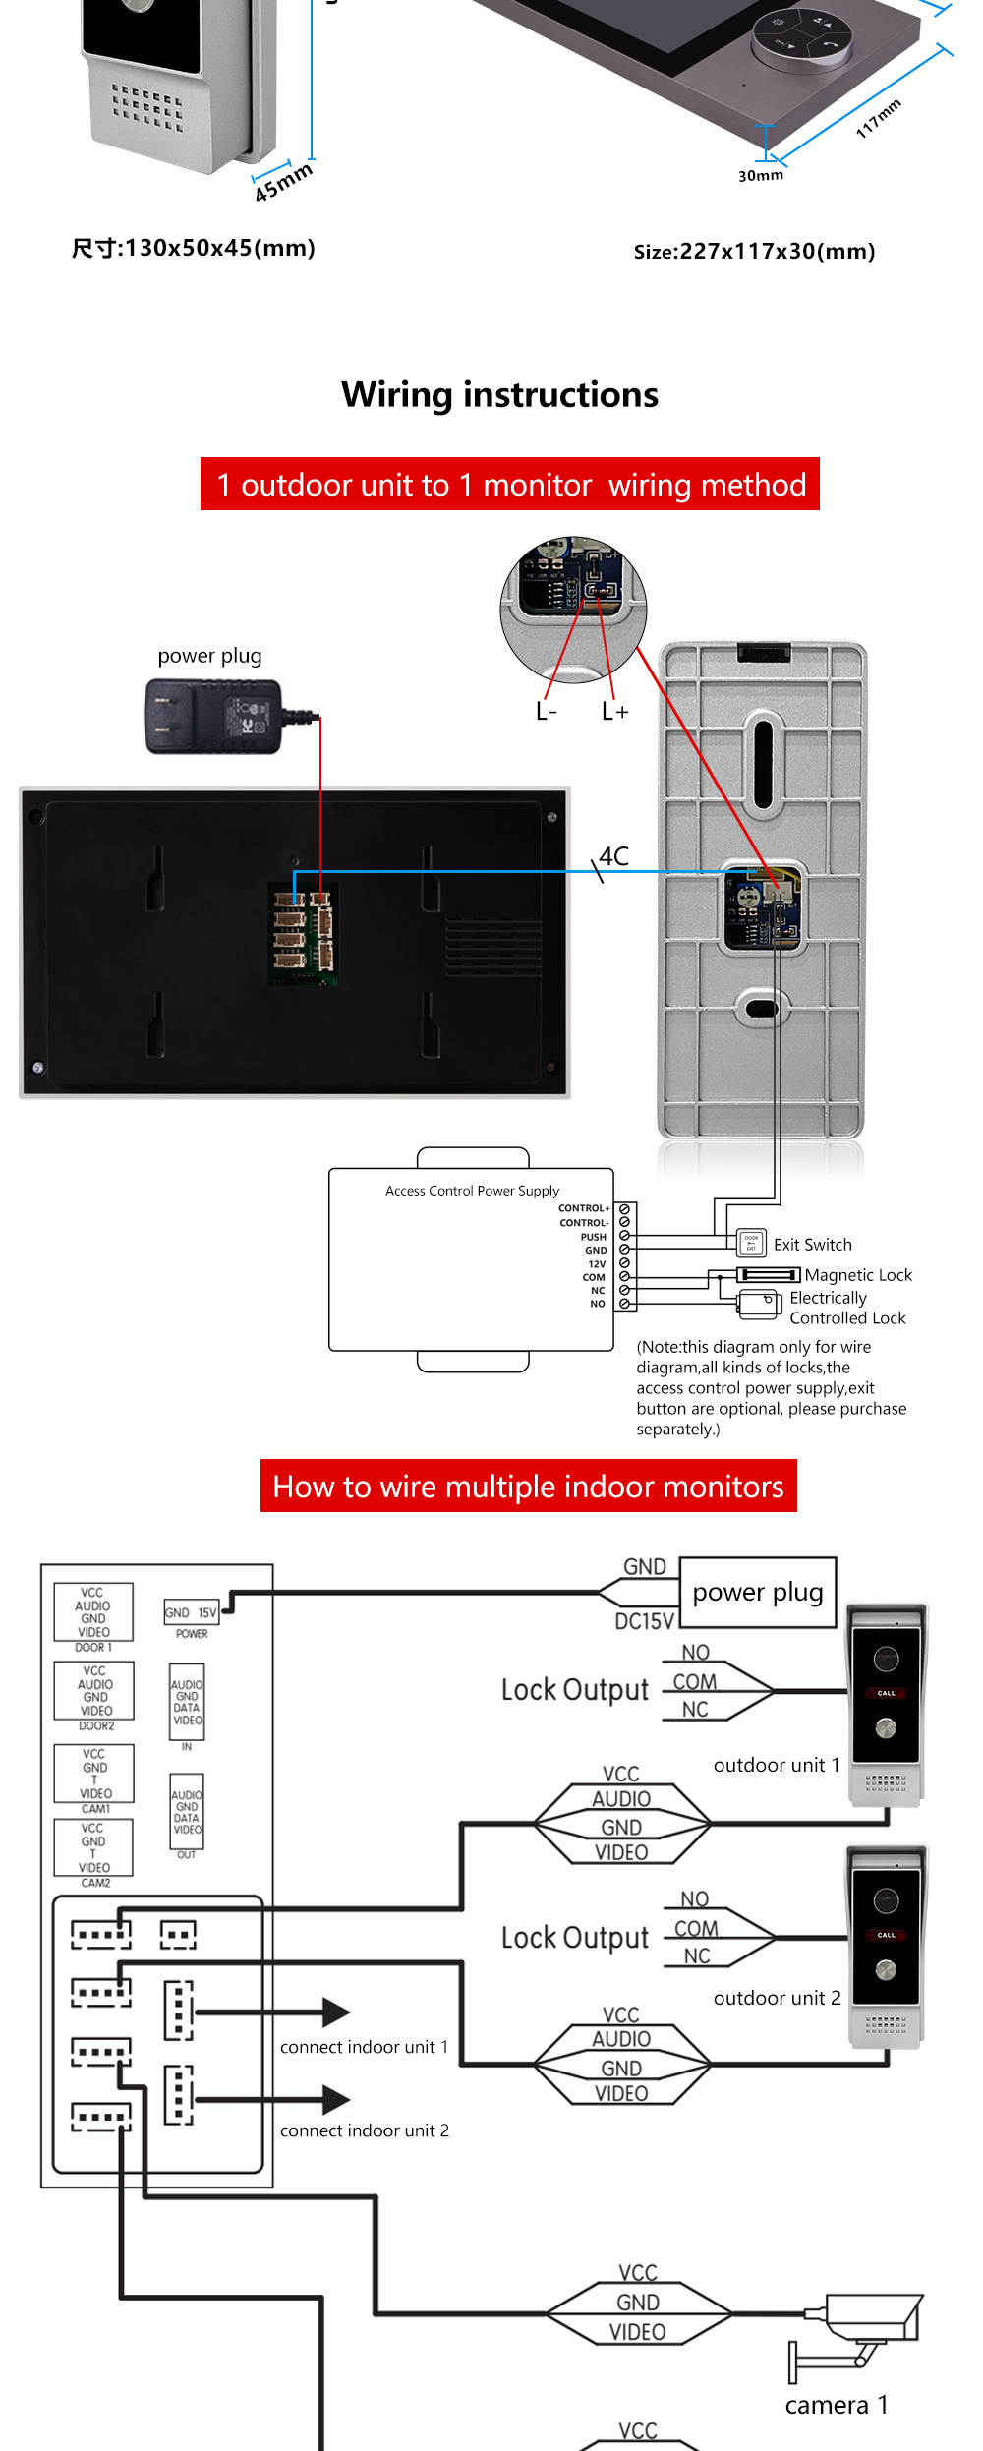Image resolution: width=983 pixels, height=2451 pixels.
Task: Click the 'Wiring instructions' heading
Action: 499,395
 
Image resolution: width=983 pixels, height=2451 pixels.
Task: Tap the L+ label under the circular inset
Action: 614,711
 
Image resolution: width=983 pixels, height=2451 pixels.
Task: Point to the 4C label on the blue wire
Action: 614,856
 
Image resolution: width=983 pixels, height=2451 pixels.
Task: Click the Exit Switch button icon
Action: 751,1243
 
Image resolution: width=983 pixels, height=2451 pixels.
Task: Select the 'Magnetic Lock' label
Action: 858,1275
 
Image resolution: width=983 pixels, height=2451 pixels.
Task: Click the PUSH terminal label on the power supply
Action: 593,1237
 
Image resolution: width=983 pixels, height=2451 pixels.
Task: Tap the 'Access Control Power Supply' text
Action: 472,1191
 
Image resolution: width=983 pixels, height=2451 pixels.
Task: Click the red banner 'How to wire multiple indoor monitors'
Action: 528,1486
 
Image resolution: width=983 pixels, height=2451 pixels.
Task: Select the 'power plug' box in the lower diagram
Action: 757,1592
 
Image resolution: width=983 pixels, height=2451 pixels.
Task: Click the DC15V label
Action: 644,1621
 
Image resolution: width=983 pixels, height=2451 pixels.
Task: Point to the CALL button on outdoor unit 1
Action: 886,1693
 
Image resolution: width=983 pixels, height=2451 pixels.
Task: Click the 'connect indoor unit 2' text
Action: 364,2130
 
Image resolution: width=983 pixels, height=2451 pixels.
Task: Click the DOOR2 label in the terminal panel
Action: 96,1725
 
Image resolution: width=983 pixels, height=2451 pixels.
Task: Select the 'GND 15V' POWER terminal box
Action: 191,1612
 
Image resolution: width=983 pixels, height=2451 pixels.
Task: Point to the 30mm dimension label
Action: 761,176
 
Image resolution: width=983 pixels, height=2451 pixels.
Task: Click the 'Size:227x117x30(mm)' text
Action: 754,252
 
